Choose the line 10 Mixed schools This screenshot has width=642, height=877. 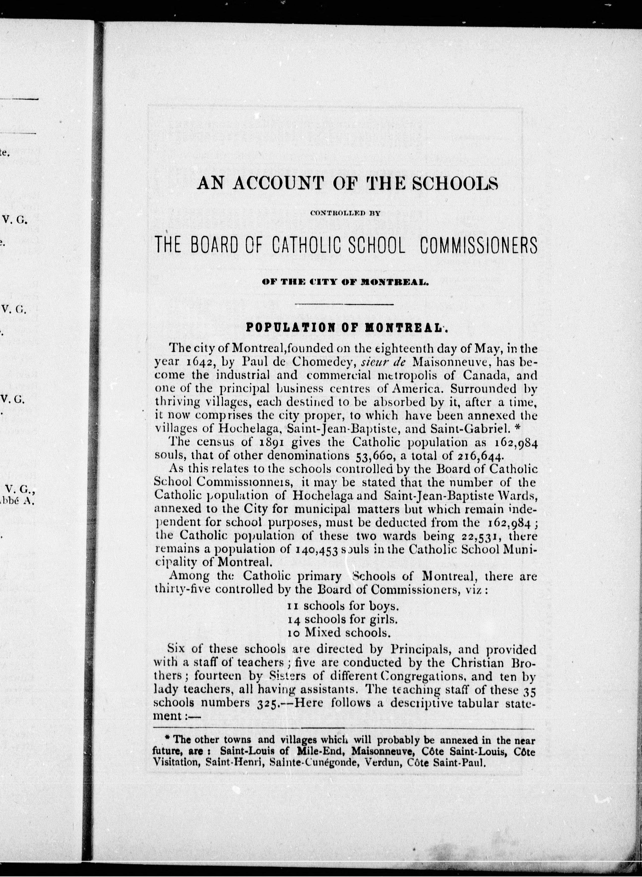point(338,633)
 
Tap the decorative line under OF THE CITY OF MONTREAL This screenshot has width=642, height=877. point(344,304)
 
